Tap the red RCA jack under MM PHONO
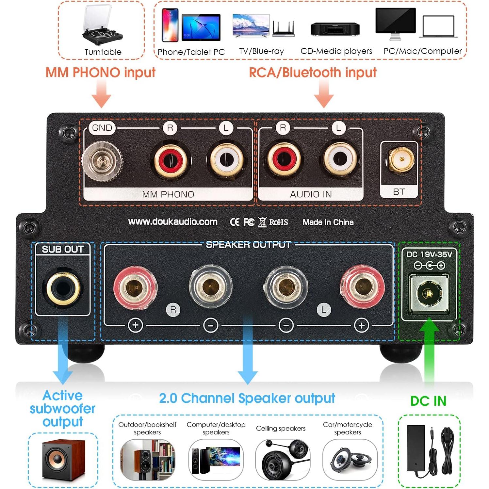tap(171, 160)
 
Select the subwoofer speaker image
tap(64, 459)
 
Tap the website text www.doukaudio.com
tap(172, 222)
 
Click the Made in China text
tap(328, 222)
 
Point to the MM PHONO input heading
tap(100, 73)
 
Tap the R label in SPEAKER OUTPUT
tap(173, 310)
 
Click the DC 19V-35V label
tap(429, 254)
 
